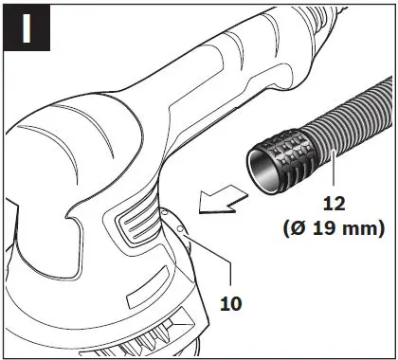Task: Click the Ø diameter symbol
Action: click(x=295, y=229)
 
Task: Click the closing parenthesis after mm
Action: click(x=379, y=229)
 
